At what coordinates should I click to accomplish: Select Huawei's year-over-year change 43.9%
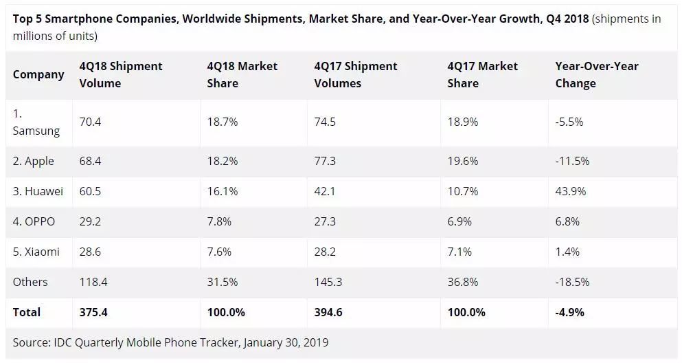tap(571, 191)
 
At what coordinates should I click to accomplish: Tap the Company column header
tap(38, 74)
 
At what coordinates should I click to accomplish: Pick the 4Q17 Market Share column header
tap(482, 74)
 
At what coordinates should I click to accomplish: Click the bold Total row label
tap(27, 312)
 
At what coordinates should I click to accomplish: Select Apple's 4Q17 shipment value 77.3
tap(325, 161)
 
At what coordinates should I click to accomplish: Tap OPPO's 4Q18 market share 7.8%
tap(220, 221)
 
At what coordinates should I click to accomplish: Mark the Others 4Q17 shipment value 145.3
tap(328, 282)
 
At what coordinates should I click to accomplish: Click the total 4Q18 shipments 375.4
tap(93, 312)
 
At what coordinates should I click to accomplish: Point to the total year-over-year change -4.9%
tap(569, 312)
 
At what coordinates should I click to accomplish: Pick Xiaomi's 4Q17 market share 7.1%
tap(459, 252)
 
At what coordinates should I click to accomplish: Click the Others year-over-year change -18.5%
tap(573, 282)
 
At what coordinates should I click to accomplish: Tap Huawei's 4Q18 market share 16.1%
tap(223, 191)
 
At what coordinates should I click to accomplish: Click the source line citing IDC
tap(170, 342)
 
